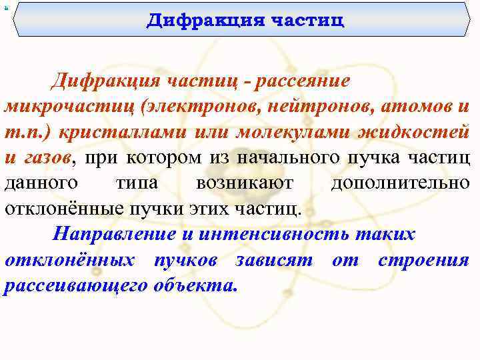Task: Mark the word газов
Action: click(x=46, y=157)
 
